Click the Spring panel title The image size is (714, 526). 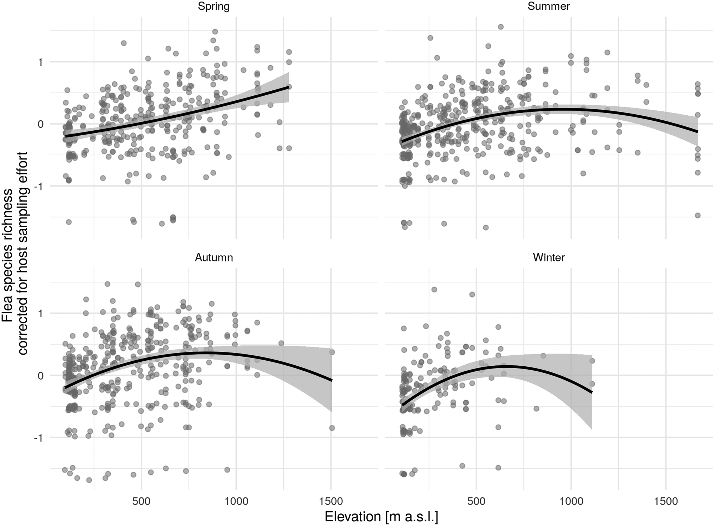click(213, 6)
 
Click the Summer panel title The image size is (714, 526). click(548, 6)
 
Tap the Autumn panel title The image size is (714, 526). click(213, 257)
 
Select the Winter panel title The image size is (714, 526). click(548, 257)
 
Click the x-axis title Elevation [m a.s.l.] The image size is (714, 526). click(381, 517)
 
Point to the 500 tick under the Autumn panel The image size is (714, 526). click(141, 501)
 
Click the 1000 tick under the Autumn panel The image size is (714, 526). click(236, 501)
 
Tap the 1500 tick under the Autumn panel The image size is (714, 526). click(331, 501)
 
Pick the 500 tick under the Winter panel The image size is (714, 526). click(476, 501)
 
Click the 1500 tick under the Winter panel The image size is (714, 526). click(666, 501)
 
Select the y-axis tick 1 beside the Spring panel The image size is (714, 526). click(40, 62)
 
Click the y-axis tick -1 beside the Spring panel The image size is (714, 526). click(38, 186)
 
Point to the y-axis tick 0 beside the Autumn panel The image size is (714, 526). click(40, 376)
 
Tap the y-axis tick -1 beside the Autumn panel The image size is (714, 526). click(38, 438)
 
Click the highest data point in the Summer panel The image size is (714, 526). click(501, 27)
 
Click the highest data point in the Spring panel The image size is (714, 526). click(215, 32)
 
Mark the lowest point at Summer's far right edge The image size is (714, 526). click(698, 215)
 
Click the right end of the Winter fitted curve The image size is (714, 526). click(592, 392)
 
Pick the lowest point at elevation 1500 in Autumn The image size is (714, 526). click(332, 428)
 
